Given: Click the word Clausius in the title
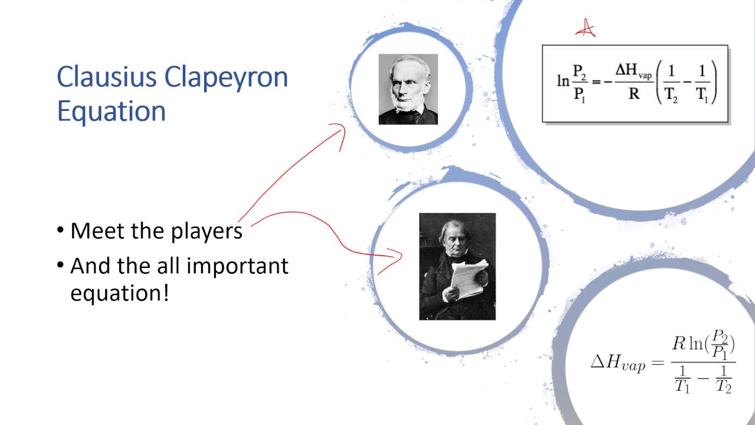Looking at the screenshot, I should click(106, 77).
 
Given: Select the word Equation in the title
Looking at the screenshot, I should click(111, 111).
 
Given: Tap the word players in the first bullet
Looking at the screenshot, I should click(206, 231).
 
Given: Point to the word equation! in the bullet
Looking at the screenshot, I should click(119, 292).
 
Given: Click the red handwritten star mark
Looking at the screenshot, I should click(585, 28).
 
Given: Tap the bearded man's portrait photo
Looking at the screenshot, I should click(408, 89).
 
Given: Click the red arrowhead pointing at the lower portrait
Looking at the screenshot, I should click(394, 258).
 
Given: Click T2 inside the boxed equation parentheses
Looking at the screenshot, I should click(671, 96).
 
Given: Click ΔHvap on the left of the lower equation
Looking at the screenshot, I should click(618, 362).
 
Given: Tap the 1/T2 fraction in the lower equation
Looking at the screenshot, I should click(724, 380).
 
